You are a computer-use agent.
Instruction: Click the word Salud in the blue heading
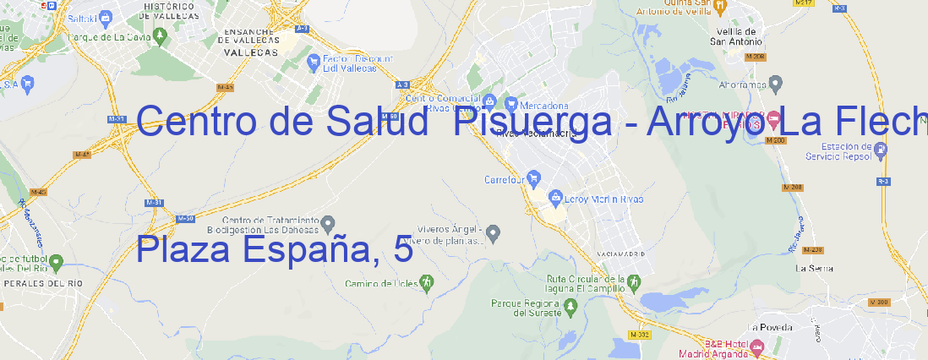point(375,122)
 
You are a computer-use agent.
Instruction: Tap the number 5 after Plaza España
point(403,250)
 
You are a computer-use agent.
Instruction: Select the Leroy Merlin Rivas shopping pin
point(555,198)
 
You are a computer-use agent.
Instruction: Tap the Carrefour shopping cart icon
point(533,178)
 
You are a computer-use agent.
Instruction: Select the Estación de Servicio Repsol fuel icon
point(882,150)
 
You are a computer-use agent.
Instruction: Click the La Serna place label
point(815,269)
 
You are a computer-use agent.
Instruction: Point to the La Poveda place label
point(770,327)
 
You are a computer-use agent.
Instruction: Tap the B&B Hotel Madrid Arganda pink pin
point(757,346)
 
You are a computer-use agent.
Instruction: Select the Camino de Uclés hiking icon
point(427,281)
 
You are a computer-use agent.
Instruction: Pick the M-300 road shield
point(879,302)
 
